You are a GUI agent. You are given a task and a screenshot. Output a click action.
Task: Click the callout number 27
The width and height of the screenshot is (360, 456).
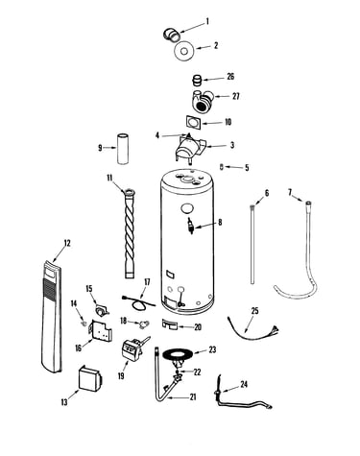(x=235, y=96)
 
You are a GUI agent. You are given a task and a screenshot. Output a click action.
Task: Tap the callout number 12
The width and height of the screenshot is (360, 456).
(x=67, y=243)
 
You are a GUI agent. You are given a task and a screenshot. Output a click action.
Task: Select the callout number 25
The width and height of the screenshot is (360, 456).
(x=254, y=311)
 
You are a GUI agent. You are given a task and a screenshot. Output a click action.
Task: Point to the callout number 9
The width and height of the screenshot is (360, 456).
(x=100, y=148)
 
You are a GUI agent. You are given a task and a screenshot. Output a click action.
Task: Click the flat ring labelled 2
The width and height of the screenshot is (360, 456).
(x=184, y=51)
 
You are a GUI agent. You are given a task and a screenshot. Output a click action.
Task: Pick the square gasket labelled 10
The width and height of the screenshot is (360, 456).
(x=193, y=123)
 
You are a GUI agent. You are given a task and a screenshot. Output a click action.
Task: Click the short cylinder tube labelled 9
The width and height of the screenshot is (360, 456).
(x=123, y=149)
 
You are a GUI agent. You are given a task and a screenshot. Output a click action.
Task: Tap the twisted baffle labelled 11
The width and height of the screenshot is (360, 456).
(x=130, y=233)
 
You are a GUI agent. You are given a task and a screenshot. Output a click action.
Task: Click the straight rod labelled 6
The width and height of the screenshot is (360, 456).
(x=252, y=244)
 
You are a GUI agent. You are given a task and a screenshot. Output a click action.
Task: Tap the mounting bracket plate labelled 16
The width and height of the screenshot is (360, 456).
(x=101, y=329)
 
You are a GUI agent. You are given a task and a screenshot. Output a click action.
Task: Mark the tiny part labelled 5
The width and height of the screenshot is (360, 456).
(x=222, y=166)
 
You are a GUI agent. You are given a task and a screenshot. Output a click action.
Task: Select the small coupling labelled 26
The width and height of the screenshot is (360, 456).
(x=197, y=80)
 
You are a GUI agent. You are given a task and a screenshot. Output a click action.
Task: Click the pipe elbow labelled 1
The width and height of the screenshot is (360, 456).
(x=172, y=35)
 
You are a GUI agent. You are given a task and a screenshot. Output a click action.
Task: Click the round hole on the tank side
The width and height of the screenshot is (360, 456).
(x=187, y=208)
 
